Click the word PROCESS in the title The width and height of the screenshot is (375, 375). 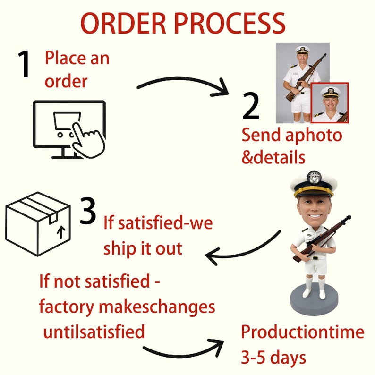(230, 23)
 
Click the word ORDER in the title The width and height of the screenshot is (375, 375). (123, 23)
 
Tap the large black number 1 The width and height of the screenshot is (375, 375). (24, 64)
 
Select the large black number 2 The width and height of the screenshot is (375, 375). (251, 106)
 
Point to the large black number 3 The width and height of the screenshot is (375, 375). (88, 211)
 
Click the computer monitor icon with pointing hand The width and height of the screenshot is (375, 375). (69, 129)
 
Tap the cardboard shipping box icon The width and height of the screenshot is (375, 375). (38, 224)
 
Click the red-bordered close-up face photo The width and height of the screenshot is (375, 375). (330, 103)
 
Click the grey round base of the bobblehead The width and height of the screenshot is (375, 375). (314, 299)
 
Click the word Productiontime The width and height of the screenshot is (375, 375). (302, 332)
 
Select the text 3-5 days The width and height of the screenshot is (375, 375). (273, 358)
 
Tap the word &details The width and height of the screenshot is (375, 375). (273, 157)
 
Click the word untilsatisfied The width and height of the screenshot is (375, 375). (94, 332)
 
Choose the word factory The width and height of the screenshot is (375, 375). (67, 307)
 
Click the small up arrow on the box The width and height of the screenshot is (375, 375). (61, 232)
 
